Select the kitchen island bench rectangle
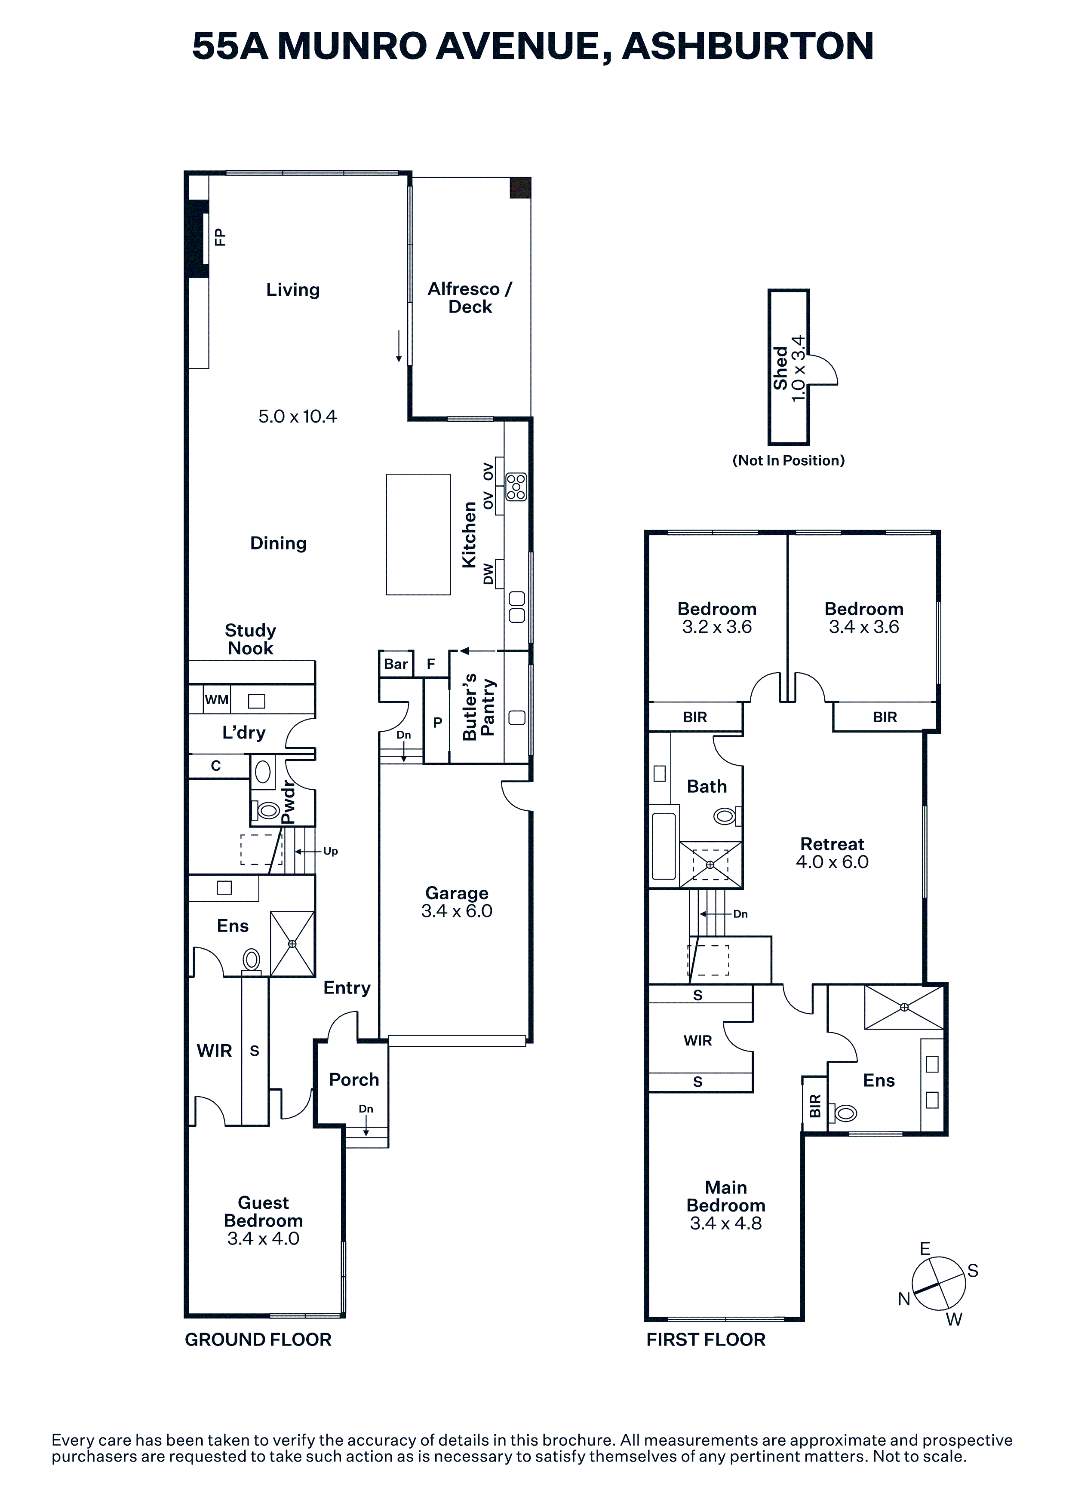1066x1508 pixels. click(418, 535)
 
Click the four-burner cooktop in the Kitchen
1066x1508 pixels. click(516, 487)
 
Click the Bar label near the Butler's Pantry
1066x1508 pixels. click(396, 664)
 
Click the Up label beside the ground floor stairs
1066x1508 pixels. click(330, 851)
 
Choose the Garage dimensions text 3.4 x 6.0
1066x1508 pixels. click(457, 910)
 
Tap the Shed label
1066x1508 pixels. click(780, 368)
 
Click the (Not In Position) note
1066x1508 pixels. click(789, 460)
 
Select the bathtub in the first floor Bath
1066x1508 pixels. click(664, 846)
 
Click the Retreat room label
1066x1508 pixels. click(832, 844)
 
